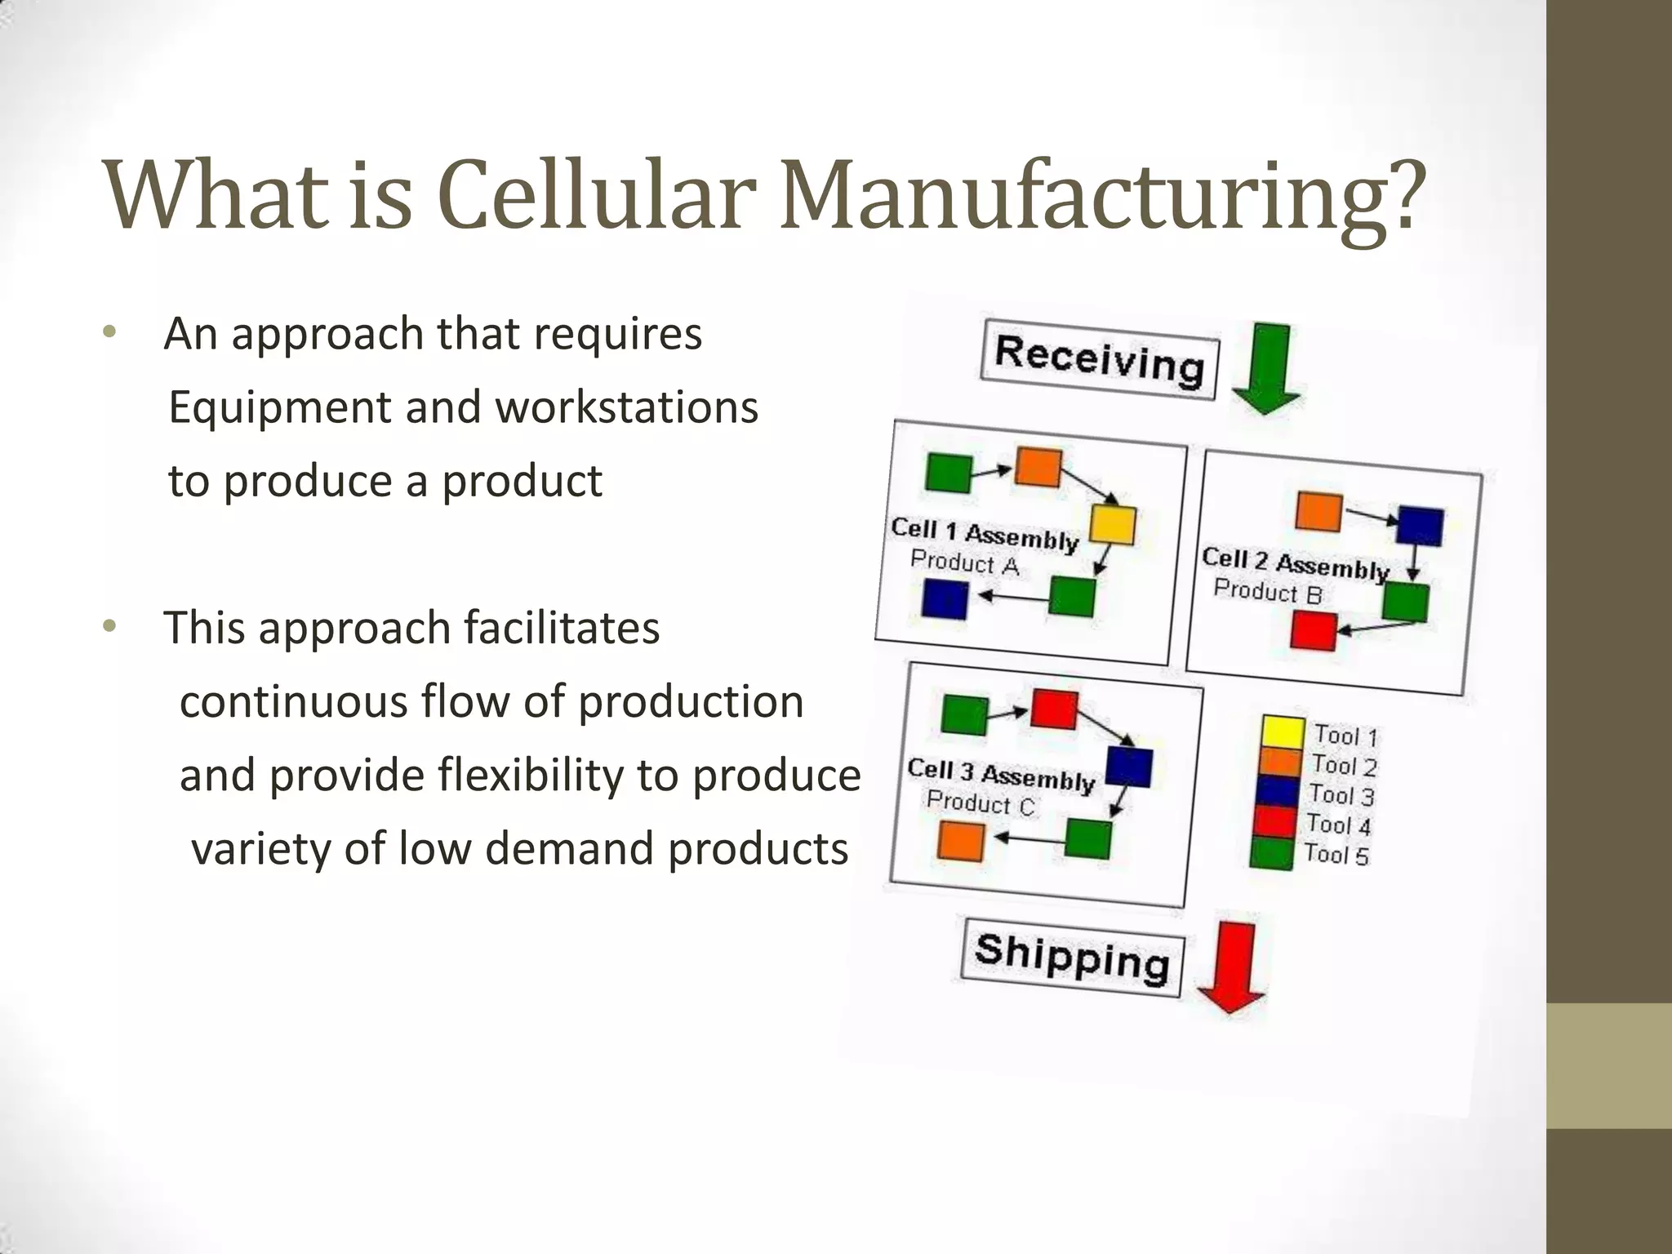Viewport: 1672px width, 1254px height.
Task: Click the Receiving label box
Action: coord(1100,359)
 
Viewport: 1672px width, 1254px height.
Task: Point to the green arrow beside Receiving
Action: coord(1268,367)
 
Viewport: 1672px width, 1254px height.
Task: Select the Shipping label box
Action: coord(1073,957)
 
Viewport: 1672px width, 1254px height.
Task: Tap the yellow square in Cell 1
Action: coord(1113,524)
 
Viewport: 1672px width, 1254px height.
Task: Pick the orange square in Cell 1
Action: coord(1038,468)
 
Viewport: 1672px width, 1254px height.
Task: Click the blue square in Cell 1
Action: coord(945,599)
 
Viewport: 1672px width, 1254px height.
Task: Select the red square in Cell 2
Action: coord(1313,631)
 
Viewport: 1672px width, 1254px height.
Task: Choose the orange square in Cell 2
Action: coord(1319,512)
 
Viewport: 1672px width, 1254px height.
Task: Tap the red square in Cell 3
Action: coord(1054,709)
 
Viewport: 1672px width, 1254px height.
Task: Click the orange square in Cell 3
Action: coord(961,841)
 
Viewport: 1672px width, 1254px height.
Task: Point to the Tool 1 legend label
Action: coord(1345,736)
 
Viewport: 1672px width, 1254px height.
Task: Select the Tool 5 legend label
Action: coord(1336,855)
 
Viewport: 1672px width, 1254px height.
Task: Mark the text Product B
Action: coord(1267,591)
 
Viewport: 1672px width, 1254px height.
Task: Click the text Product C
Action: coord(981,803)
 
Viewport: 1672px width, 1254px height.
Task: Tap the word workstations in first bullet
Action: coord(627,407)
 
